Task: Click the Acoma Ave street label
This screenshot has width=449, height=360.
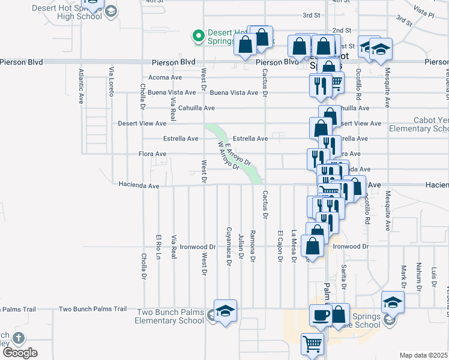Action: tap(165, 77)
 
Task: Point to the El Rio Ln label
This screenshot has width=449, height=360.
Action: tap(158, 246)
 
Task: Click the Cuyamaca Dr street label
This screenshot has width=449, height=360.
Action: tap(229, 246)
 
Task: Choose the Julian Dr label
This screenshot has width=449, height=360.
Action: tap(240, 246)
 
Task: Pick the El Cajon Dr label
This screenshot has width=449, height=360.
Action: tap(280, 246)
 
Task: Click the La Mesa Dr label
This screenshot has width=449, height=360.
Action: tap(294, 246)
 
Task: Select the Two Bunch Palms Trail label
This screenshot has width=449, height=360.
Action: tap(93, 310)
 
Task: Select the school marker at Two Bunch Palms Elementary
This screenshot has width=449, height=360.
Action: tap(226, 311)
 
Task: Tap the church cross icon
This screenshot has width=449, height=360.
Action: tap(19, 338)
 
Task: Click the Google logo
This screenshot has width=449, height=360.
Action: tap(20, 353)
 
